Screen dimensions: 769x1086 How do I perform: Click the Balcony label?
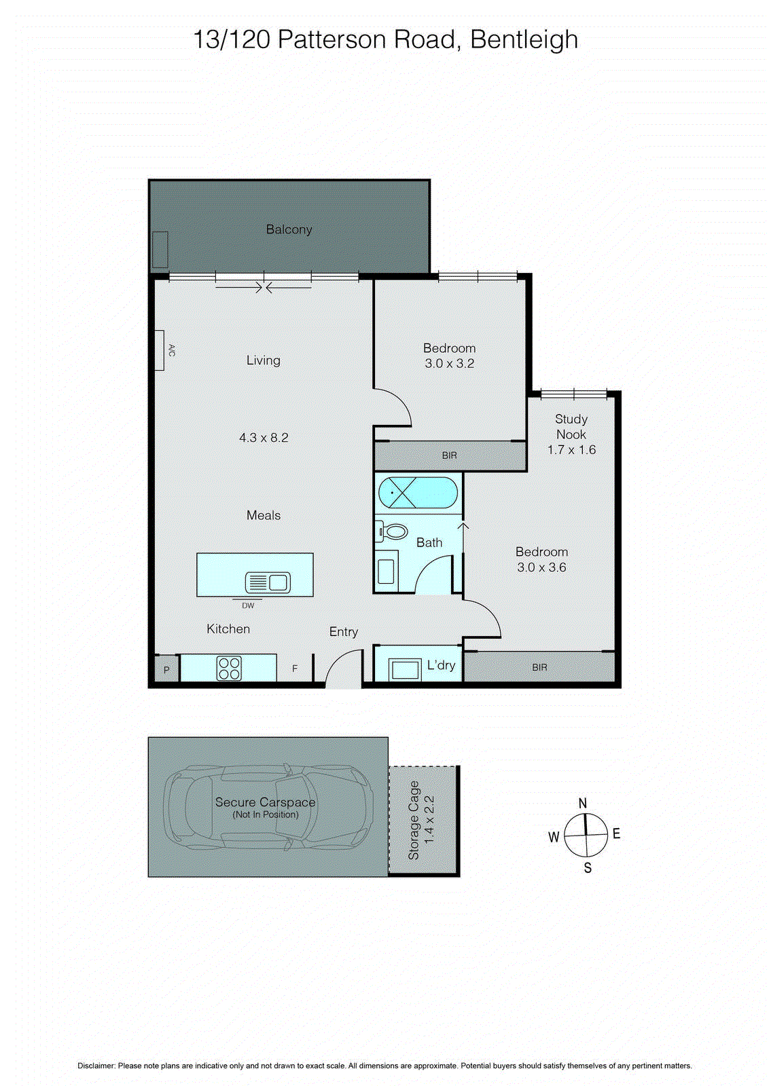289,229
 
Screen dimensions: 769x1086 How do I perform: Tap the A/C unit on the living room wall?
159,350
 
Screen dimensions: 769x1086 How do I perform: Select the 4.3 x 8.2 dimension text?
264,438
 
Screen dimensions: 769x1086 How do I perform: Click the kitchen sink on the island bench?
268,582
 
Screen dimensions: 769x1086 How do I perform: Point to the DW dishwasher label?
248,605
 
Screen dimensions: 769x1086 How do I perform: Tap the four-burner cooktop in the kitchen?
229,668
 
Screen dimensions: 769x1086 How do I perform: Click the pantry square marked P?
166,669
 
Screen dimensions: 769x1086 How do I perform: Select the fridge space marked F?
295,669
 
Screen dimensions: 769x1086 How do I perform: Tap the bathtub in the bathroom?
418,492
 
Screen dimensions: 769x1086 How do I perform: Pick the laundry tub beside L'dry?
405,669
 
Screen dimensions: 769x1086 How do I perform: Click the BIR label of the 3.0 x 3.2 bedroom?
449,455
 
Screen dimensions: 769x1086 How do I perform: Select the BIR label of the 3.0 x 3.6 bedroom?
539,668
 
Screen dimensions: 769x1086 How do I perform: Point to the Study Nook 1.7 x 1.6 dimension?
571,450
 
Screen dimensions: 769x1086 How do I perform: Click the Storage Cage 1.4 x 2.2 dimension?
429,820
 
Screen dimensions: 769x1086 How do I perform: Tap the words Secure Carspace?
266,802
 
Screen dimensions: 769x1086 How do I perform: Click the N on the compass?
583,804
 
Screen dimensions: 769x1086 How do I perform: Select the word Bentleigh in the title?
524,40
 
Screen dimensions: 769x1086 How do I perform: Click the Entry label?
344,632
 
